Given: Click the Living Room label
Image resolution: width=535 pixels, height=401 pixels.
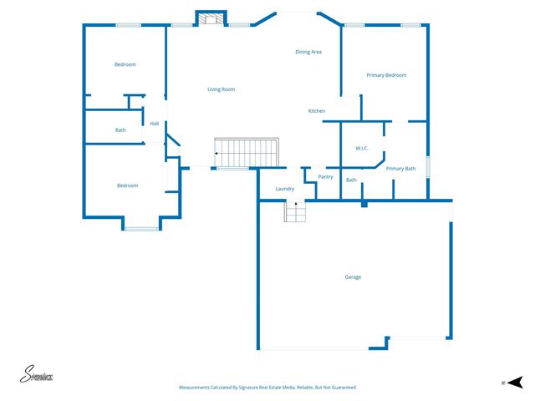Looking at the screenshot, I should tap(221, 89).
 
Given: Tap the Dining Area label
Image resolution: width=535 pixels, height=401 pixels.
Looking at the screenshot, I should tap(308, 52).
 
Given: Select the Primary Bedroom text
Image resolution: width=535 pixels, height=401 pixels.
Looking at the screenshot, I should tap(386, 75).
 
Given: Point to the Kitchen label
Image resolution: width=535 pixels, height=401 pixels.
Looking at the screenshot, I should tap(317, 111).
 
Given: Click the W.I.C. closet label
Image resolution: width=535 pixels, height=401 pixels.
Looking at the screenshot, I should tap(362, 148).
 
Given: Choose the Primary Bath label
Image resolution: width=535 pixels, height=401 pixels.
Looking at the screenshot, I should tap(400, 169).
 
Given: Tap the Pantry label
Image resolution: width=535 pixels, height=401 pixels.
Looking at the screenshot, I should tap(326, 176).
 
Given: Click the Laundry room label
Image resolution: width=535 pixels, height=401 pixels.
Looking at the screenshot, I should tap(284, 189).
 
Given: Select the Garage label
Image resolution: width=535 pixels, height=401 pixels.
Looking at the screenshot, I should tap(353, 277).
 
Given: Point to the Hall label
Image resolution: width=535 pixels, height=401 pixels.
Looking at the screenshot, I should tap(155, 124).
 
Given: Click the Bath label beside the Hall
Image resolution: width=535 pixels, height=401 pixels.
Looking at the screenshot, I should tap(120, 130).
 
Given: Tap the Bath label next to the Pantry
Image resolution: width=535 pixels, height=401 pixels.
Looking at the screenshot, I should tap(351, 180).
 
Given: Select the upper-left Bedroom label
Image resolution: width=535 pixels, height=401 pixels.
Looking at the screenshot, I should tap(125, 64).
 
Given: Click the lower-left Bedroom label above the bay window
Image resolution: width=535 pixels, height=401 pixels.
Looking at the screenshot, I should tap(127, 185).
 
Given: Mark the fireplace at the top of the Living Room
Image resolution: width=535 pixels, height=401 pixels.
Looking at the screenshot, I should tap(211, 18).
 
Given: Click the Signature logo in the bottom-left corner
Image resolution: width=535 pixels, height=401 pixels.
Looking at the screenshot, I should tap(38, 375).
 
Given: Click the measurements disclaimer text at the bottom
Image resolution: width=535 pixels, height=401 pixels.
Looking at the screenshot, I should tap(267, 388).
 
